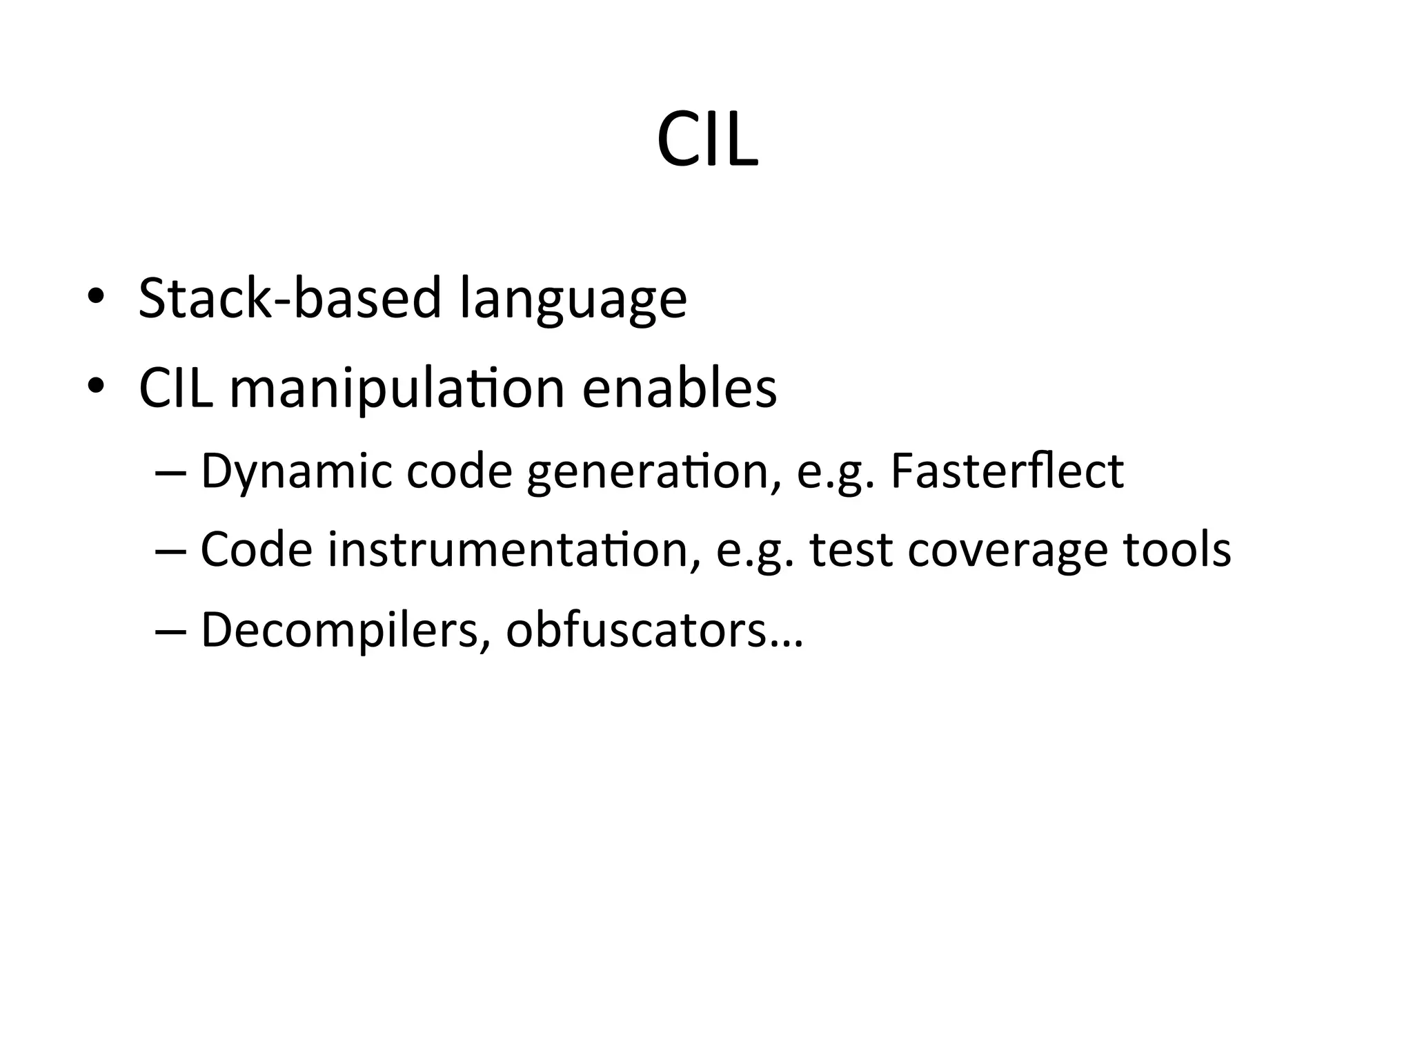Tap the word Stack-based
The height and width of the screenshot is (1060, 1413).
pyautogui.click(x=289, y=298)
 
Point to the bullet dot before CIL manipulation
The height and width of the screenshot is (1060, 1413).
pyautogui.click(x=96, y=386)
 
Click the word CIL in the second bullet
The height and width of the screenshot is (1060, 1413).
pyautogui.click(x=175, y=388)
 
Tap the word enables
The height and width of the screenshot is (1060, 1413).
pyautogui.click(x=680, y=388)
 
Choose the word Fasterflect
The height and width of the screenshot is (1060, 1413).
pyautogui.click(x=1007, y=471)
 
